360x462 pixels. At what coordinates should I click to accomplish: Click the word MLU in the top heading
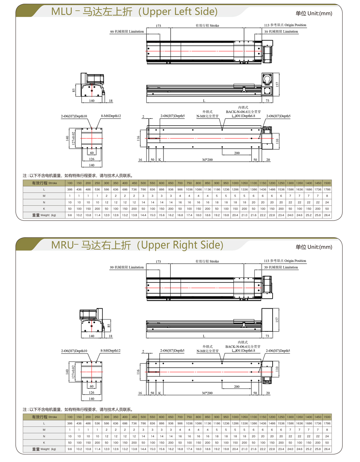click(x=61, y=12)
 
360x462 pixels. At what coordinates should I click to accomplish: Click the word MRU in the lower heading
click(x=62, y=245)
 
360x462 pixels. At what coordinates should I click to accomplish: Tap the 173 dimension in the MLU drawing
click(x=158, y=26)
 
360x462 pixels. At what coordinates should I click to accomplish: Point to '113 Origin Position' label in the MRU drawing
click(x=285, y=261)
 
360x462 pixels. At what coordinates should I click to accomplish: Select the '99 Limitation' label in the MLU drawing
click(x=127, y=31)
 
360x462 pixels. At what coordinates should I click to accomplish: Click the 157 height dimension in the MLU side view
click(x=277, y=84)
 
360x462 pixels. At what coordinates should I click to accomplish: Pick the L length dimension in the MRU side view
click(x=204, y=336)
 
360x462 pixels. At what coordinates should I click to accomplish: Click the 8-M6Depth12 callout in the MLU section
click(x=111, y=116)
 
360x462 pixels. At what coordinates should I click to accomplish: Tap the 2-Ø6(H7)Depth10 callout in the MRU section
click(x=74, y=351)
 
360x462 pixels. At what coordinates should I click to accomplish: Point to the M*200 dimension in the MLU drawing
click(x=207, y=160)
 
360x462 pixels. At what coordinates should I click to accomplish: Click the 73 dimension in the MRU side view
click(x=267, y=336)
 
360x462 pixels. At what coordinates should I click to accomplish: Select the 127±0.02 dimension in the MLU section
click(x=73, y=138)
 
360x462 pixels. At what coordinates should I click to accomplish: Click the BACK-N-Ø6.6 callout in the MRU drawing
click(x=243, y=346)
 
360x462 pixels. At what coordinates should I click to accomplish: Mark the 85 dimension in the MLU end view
click(x=74, y=90)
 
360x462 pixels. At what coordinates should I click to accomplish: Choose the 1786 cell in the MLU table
click(x=327, y=189)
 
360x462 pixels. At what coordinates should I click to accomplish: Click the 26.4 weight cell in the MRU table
click(x=327, y=449)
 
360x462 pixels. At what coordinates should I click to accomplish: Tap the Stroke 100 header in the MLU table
click(x=70, y=183)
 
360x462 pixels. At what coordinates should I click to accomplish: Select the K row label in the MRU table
click(x=44, y=442)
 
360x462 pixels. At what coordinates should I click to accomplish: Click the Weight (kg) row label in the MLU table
click(x=44, y=215)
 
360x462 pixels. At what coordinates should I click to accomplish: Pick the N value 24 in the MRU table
click(x=327, y=436)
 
